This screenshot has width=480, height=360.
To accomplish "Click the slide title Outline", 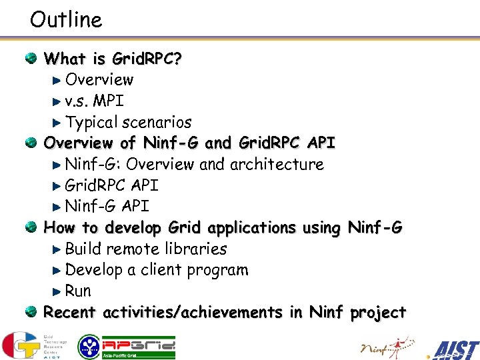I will point(66,19).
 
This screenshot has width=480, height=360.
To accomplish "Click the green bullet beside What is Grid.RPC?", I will point(31,59).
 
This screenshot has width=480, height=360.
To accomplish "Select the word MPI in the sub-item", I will point(108,101).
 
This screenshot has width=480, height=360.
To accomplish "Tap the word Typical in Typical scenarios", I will point(91,123).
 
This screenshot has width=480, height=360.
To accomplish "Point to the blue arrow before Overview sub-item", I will point(57,80).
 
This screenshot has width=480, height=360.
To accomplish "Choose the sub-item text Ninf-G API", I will point(107,206).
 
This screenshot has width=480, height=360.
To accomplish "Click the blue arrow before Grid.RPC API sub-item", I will point(57,185).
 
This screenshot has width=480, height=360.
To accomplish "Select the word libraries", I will point(195,249).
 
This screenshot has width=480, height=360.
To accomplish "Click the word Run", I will point(78,291).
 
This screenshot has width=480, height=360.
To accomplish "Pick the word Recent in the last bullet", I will point(70,312).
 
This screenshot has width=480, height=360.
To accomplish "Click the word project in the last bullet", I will point(378,312).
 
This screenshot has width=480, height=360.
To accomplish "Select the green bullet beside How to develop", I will point(31,227).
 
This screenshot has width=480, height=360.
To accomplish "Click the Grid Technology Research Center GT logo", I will point(33,345).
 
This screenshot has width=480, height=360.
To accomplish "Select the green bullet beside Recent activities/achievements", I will point(31,312).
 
